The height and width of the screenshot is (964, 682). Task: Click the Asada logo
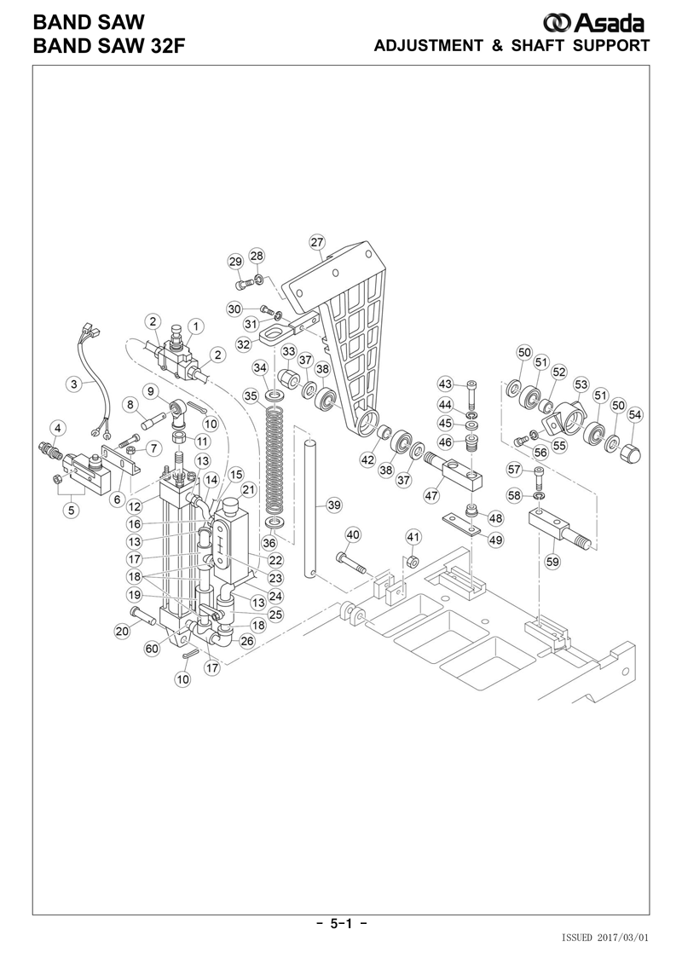593,23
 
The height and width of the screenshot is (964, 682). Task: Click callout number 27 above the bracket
317,242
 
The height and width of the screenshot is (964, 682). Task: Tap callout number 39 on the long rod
333,505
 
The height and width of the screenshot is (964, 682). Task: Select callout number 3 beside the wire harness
74,385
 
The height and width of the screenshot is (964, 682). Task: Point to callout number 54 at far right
634,415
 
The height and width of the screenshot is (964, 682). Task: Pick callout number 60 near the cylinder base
151,648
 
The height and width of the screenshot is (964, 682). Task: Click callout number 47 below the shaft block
431,495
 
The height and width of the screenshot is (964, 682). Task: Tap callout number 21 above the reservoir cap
248,490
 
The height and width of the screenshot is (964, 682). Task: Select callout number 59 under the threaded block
552,561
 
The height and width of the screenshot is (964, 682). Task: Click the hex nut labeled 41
413,562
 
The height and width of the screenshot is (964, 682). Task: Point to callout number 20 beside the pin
123,630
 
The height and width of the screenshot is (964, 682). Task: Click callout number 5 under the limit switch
72,510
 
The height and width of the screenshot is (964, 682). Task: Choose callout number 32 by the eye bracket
244,343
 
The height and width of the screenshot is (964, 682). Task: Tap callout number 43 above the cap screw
445,384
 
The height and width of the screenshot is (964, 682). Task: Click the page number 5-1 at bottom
341,923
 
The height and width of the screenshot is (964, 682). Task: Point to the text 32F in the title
168,45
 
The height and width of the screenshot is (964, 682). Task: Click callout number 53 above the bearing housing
581,385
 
